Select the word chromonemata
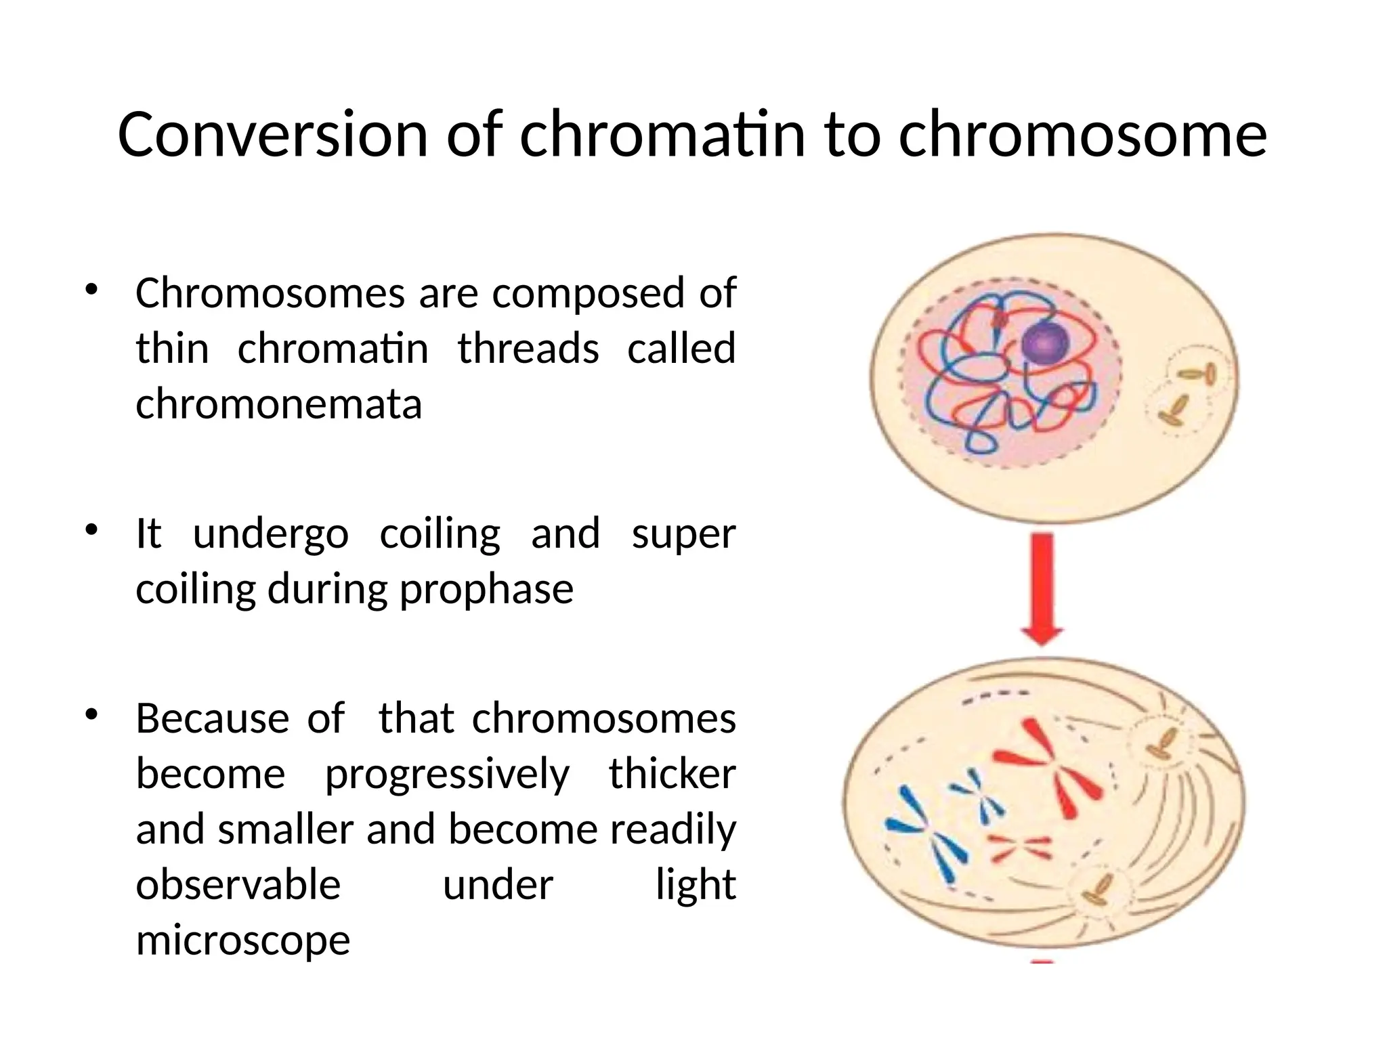278,404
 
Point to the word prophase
486,590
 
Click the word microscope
242,940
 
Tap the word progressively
447,774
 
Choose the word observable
238,884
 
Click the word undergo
271,534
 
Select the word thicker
672,774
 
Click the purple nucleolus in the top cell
1044,341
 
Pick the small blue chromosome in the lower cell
978,795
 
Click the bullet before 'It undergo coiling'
92,531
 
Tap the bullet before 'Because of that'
92,716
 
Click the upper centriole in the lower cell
1162,743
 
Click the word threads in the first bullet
528,349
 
